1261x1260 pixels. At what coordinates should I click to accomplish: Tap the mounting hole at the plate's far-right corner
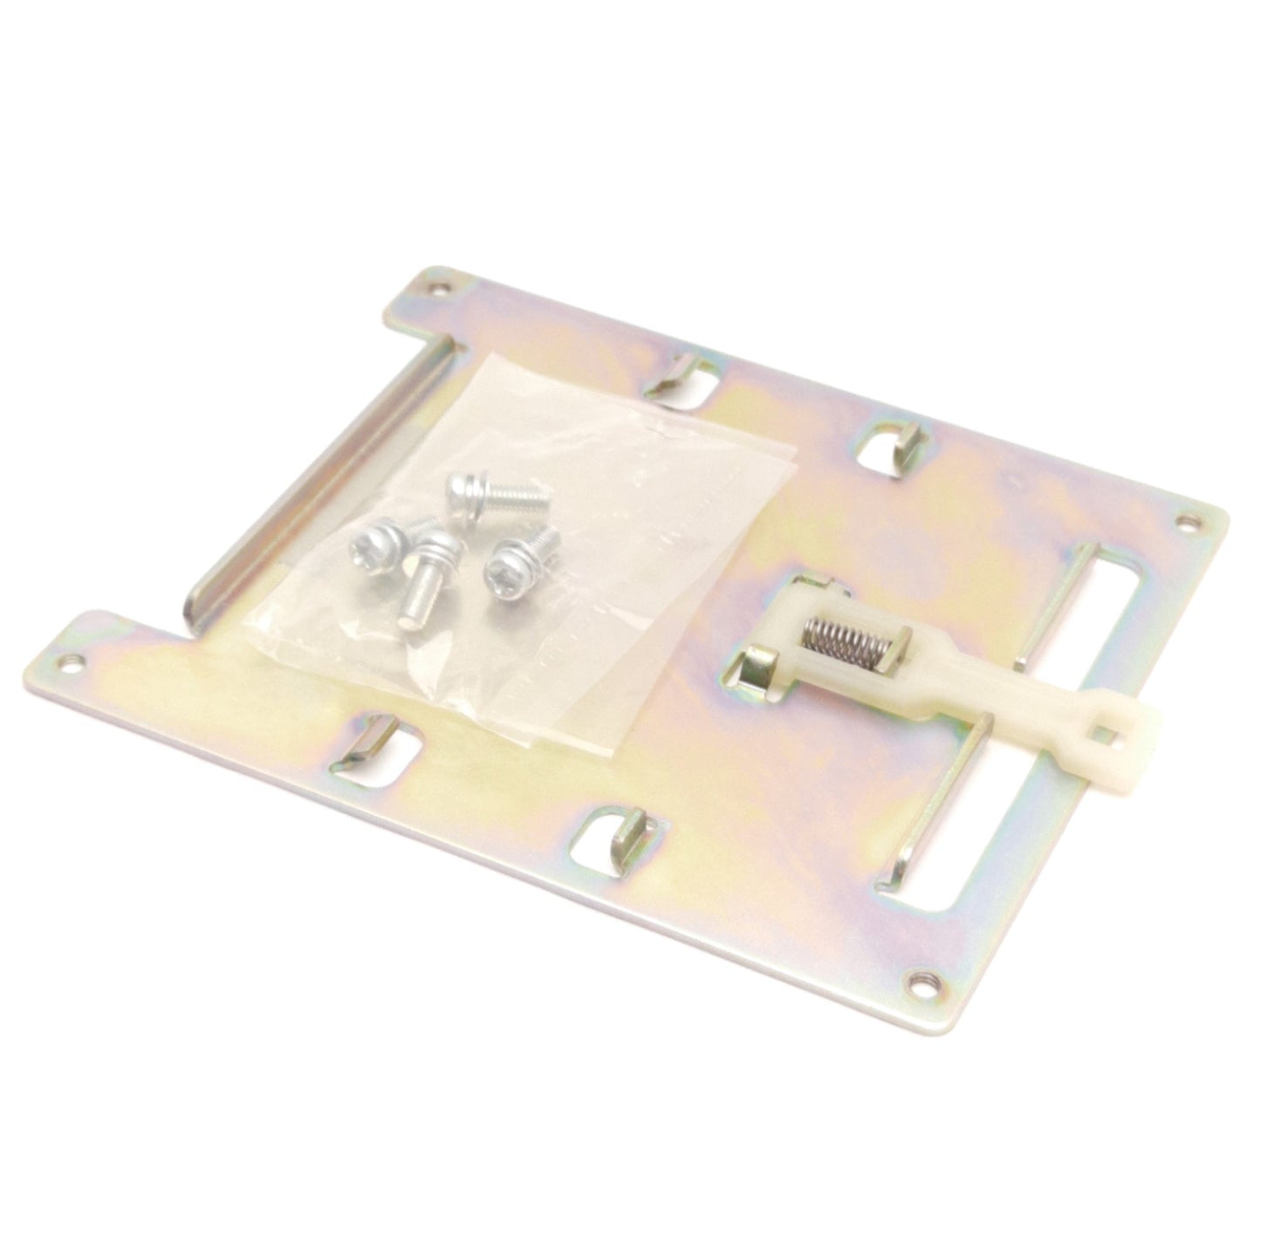point(1185,523)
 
